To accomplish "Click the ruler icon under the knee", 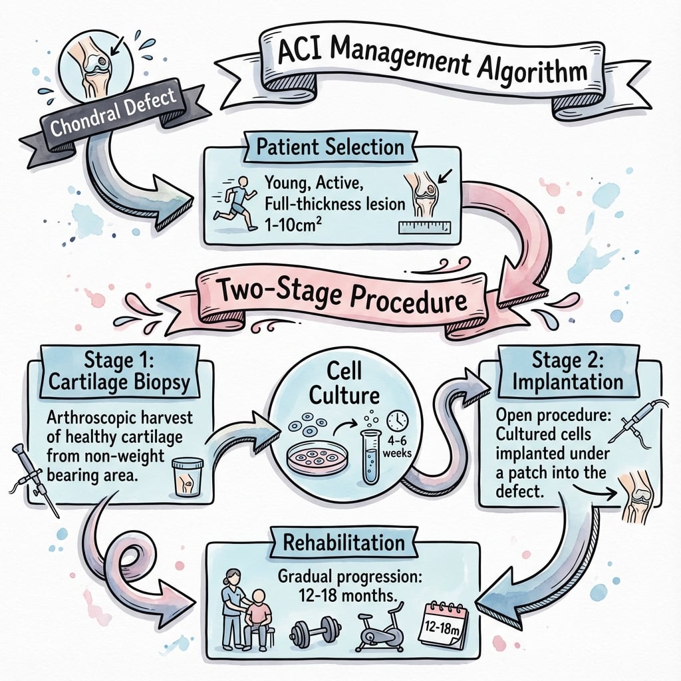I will click(425, 227).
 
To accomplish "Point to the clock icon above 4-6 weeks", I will click(398, 420).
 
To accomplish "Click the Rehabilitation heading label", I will click(344, 542).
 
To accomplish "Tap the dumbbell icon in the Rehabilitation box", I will click(315, 630).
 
